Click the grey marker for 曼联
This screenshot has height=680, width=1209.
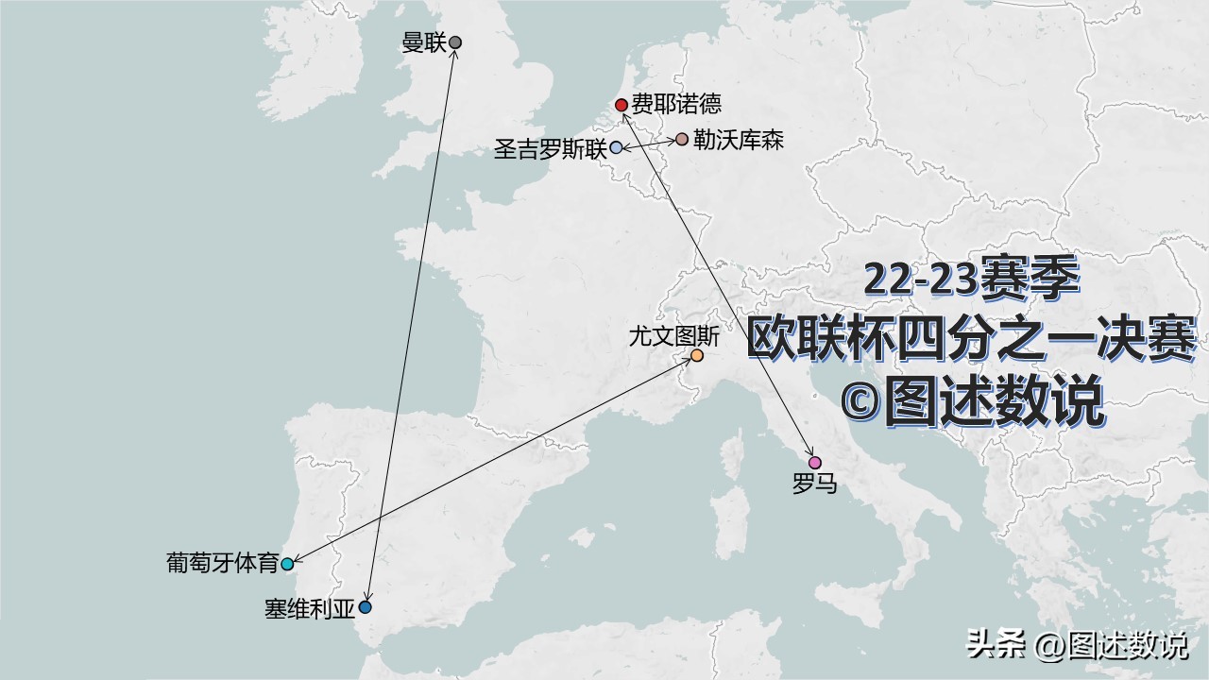(x=455, y=42)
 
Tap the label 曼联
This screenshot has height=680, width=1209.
(x=423, y=42)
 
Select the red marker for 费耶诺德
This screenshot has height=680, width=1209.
(x=621, y=105)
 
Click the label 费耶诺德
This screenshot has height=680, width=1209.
(x=676, y=105)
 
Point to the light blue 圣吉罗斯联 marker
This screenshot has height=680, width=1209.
(x=616, y=148)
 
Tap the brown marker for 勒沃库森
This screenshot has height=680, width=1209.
(x=682, y=140)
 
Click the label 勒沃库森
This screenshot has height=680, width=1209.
(x=739, y=140)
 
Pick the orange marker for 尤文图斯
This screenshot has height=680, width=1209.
(x=697, y=356)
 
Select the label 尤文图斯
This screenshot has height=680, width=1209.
(x=673, y=334)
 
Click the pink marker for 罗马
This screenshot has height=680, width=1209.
(x=815, y=463)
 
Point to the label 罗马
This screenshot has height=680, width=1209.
(x=815, y=485)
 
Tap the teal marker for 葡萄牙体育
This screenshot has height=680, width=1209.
(x=287, y=565)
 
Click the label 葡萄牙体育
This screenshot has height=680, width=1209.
(x=223, y=564)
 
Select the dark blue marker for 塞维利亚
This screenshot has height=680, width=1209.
(x=366, y=607)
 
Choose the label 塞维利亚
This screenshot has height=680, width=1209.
(x=310, y=608)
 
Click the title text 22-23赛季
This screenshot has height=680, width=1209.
(x=972, y=280)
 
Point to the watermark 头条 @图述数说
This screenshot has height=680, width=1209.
(x=1077, y=645)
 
